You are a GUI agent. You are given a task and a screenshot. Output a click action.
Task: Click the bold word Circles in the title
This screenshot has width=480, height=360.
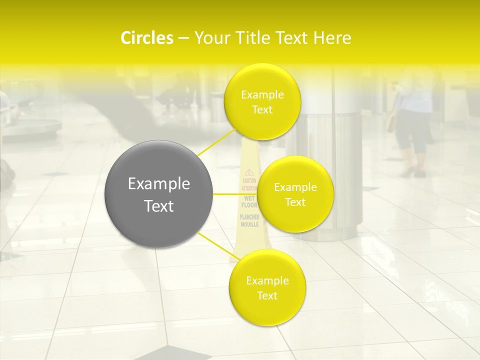tap(146, 38)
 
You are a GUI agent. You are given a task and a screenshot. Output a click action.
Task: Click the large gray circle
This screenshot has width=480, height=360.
tap(158, 194)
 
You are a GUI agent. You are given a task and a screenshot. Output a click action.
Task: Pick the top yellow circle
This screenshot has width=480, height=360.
tap(262, 101)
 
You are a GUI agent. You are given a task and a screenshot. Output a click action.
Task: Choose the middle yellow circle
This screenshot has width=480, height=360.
tap(295, 194)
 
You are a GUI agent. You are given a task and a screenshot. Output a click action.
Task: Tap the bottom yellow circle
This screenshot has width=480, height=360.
tap(267, 287)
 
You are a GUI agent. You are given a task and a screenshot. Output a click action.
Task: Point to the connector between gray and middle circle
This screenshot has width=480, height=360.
tap(235, 194)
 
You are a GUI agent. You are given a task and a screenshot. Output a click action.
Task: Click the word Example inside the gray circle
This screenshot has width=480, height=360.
tap(158, 184)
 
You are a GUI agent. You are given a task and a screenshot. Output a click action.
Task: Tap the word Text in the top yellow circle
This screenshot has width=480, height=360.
tap(262, 109)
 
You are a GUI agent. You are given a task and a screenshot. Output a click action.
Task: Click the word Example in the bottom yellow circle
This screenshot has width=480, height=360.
tap(267, 280)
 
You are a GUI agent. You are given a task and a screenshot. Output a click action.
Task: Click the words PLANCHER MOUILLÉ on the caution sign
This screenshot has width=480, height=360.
tap(249, 220)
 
